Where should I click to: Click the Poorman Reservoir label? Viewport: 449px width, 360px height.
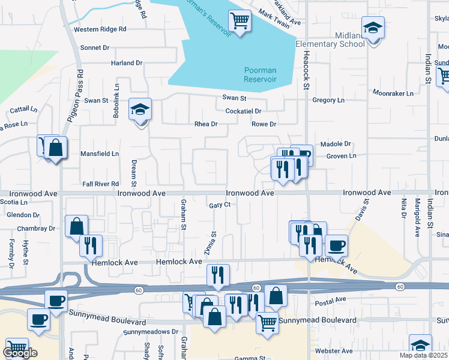(260, 74)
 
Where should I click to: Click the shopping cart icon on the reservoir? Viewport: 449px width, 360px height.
(240, 22)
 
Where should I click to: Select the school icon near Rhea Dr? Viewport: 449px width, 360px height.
(140, 110)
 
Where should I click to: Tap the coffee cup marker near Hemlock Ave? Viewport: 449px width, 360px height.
(336, 245)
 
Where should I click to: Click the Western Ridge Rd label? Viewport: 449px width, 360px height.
(100, 29)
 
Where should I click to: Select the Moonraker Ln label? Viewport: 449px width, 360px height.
(393, 94)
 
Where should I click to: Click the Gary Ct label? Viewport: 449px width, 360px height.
(220, 205)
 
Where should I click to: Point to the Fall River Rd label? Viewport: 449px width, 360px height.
(101, 184)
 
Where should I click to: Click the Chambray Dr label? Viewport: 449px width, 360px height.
(36, 229)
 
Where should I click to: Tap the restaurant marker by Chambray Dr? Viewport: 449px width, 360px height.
(91, 245)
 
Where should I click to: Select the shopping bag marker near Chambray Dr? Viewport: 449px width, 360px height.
(76, 227)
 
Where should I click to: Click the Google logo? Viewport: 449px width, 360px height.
(20, 353)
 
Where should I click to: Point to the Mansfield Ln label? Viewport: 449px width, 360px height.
(100, 154)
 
